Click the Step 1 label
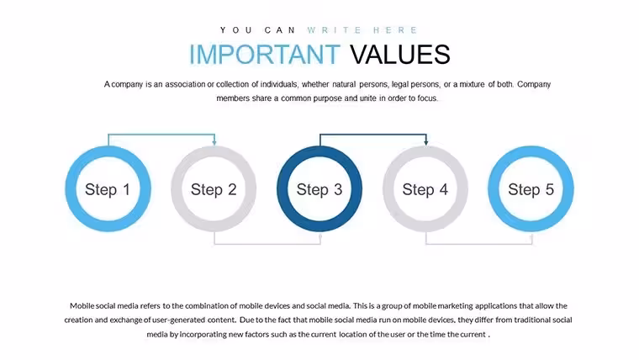108,189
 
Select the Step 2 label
214,189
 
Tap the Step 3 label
319,189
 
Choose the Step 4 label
425,189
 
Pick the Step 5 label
531,189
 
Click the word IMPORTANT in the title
265,54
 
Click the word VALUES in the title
400,54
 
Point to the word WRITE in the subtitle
335,30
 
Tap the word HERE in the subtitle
395,30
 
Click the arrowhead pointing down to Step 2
214,142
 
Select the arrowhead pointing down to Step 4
426,142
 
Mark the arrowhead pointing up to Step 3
320,236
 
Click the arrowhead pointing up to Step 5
532,236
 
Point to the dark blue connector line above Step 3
372,134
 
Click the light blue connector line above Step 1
161,134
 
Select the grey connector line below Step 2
267,244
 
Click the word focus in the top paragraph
426,98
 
